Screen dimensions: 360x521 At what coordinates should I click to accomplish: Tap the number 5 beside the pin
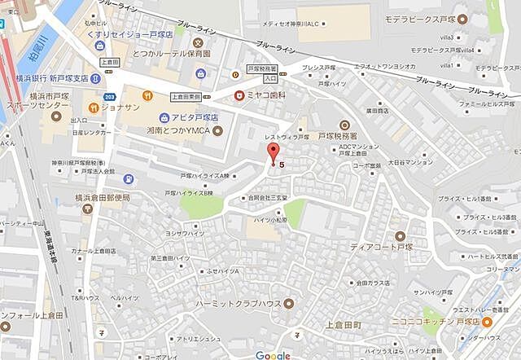point(282,165)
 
